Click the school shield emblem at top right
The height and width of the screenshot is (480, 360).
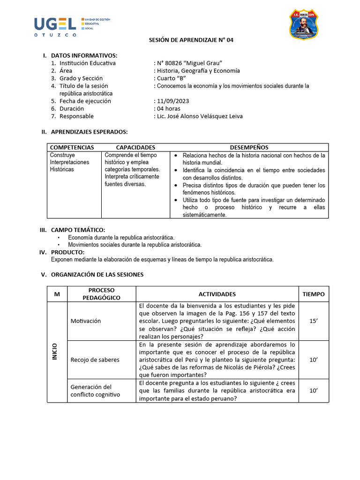(303, 24)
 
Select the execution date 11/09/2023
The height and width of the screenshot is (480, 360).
(172, 101)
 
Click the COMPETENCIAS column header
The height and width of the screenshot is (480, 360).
(72, 147)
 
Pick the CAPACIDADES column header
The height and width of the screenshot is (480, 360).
(135, 147)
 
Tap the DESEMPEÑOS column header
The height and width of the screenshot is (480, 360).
(249, 147)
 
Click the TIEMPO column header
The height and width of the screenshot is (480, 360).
(313, 294)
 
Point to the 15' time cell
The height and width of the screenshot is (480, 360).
(313, 321)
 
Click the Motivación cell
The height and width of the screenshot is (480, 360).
(85, 321)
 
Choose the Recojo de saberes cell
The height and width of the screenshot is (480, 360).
(95, 360)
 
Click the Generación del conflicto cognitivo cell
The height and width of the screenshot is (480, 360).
(95, 390)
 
